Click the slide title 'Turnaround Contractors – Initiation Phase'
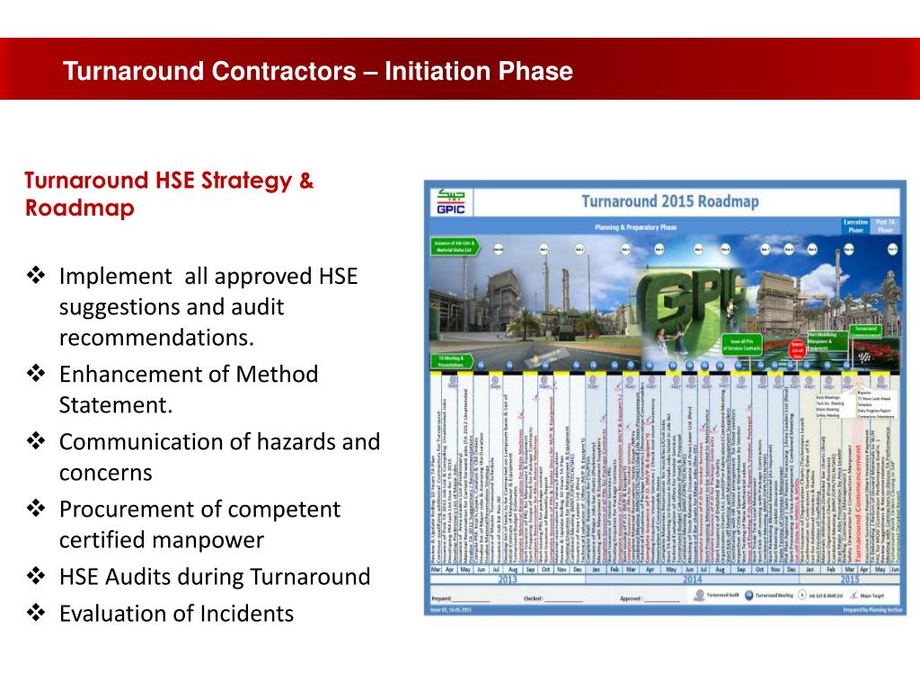[x=318, y=71]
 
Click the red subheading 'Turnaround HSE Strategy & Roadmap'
[x=169, y=194]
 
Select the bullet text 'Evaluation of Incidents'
[x=176, y=614]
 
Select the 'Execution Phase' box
[x=854, y=226]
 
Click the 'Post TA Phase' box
[x=886, y=226]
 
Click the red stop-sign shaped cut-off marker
[x=796, y=350]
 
